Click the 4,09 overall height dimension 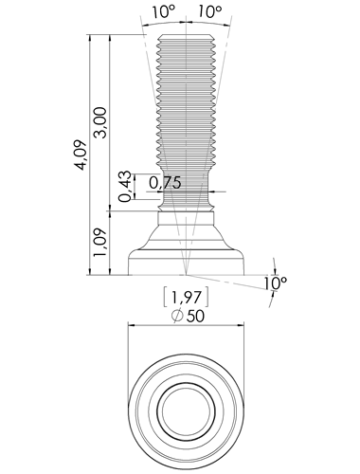pyautogui.click(x=81, y=155)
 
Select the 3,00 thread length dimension pyautogui.click(x=101, y=122)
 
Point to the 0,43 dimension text pyautogui.click(x=124, y=186)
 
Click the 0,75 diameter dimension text pyautogui.click(x=165, y=183)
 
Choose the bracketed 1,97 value pyautogui.click(x=187, y=297)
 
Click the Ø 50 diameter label pyautogui.click(x=188, y=316)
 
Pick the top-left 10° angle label pyautogui.click(x=164, y=12)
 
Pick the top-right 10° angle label pyautogui.click(x=210, y=12)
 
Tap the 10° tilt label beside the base pyautogui.click(x=276, y=283)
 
